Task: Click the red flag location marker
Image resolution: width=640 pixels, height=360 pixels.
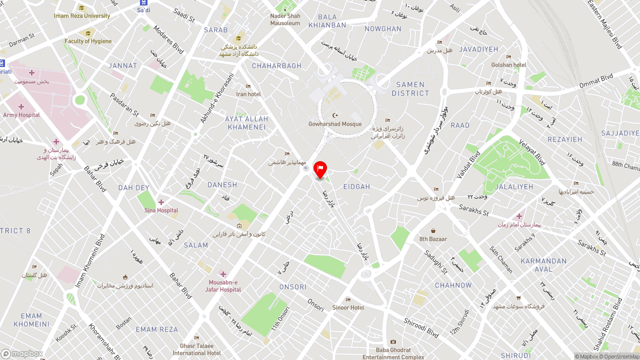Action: pos(320,169)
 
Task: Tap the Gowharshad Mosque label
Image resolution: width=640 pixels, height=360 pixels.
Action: pos(335,124)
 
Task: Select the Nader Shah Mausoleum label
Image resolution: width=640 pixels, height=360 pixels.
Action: pos(285,19)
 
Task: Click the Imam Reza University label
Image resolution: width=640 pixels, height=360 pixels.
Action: pos(82,15)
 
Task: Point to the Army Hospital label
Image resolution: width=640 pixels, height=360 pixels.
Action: pos(21,115)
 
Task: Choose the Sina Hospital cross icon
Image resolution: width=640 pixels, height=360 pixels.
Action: pos(161,202)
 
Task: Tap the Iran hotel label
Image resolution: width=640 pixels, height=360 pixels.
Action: pos(248,94)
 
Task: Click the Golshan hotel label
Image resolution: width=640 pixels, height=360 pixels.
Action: pos(508,65)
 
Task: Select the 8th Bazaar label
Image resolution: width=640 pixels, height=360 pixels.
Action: pos(433,239)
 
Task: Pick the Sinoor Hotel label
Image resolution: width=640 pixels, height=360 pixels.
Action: pos(348,307)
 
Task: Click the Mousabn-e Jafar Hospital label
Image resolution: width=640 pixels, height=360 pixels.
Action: pos(223,286)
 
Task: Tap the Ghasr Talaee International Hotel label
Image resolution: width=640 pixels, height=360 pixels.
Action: pos(196,349)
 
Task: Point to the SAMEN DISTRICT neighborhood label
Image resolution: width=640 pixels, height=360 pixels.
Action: pos(410,89)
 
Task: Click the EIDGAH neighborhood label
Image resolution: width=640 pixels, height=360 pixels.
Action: pos(356,187)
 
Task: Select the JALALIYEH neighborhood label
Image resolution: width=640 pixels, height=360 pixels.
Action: pos(514,187)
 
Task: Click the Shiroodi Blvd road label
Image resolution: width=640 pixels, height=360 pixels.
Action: pos(421,328)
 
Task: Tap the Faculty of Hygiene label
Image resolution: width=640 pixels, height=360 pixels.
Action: pos(88,41)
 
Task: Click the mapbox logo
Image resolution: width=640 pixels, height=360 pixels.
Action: pos(21,353)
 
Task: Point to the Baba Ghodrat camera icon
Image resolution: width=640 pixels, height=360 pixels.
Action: pos(393,342)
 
